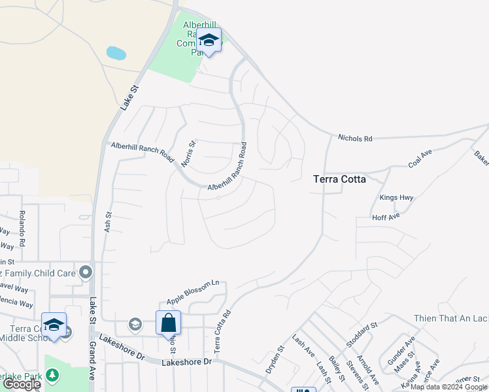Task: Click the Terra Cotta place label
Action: coord(339,178)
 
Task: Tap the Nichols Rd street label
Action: coord(355,139)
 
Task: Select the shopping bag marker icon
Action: coord(168,322)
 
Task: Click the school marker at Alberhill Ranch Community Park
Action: coord(209,41)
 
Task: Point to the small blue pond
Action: coord(116,53)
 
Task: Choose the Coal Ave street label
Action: coord(421,158)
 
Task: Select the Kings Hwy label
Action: coord(397,197)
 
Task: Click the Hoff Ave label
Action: coord(386,218)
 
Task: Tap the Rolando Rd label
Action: coord(22,229)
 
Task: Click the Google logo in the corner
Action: coord(22,384)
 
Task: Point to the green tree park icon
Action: coord(52,376)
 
